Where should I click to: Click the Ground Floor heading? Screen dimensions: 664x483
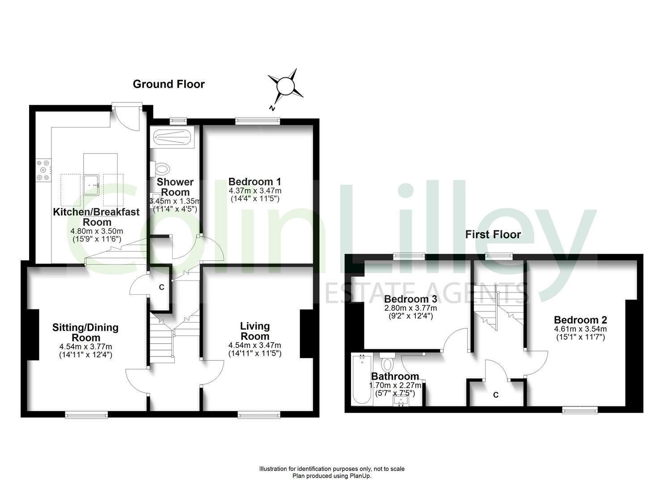169,84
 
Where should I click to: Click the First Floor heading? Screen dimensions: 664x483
493,235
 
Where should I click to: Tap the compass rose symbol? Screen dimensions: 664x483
285,86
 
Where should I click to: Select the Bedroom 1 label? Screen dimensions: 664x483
254,182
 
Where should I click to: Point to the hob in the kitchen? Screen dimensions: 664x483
43,170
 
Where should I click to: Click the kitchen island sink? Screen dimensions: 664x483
91,185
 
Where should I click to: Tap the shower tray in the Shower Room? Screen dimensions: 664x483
172,138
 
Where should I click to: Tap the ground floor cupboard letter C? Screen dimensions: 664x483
161,287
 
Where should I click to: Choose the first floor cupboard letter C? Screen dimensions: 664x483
495,394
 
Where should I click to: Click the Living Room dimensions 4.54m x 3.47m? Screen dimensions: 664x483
254,345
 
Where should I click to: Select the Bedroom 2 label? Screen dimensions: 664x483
580,320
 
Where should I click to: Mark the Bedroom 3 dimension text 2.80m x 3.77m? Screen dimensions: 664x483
410,308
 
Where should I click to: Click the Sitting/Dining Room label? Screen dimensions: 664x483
85,332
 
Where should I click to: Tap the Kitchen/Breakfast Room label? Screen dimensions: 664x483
96,217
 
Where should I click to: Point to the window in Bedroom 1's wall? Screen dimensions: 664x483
258,120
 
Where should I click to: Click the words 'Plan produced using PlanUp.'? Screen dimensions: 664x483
332,476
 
